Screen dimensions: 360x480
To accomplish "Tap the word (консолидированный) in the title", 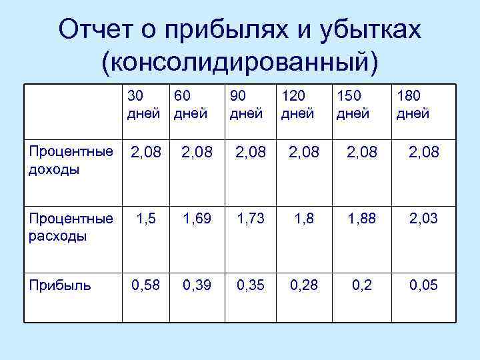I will (239, 61).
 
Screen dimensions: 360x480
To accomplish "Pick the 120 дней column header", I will (297, 105).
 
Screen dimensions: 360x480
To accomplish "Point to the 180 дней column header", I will (413, 105).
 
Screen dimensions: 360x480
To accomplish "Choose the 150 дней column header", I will (353, 105).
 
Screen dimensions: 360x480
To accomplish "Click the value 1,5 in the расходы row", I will (146, 219).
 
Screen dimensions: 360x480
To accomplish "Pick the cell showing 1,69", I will (197, 219).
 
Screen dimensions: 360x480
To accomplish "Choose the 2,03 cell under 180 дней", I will (423, 219).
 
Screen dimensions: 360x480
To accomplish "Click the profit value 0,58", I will (146, 286).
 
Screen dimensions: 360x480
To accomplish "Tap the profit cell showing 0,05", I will (423, 286).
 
